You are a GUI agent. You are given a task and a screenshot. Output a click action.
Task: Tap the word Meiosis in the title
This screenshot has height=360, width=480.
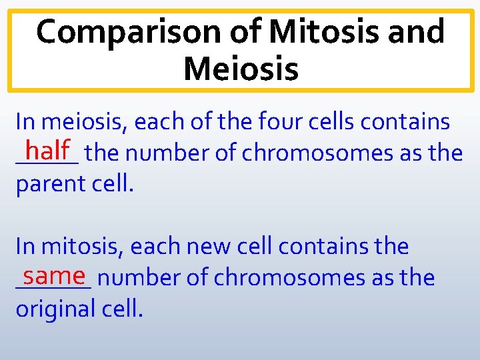click(241, 69)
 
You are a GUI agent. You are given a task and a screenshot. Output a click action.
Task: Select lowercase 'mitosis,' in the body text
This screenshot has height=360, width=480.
click(83, 247)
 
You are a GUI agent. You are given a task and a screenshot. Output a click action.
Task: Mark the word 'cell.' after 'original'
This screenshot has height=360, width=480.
click(125, 309)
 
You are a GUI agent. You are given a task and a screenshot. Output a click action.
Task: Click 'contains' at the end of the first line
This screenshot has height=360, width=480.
click(416, 122)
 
